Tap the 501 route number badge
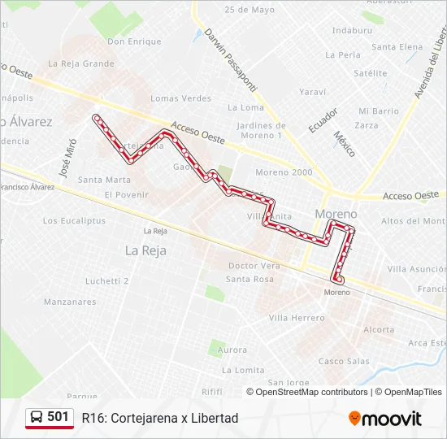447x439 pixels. pyautogui.click(x=50, y=418)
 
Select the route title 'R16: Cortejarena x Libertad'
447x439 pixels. pyautogui.click(x=159, y=418)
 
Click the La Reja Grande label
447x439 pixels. pyautogui.click(x=81, y=63)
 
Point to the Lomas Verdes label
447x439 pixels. pyautogui.click(x=180, y=98)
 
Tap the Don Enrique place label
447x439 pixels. pyautogui.click(x=134, y=41)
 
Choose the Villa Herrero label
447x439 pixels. pyautogui.click(x=297, y=318)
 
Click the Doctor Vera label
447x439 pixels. pyautogui.click(x=254, y=266)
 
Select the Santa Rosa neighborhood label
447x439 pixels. pyautogui.click(x=250, y=279)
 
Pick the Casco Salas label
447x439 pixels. pyautogui.click(x=343, y=361)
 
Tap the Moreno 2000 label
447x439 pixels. pyautogui.click(x=284, y=172)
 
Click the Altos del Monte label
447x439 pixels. pyautogui.click(x=414, y=221)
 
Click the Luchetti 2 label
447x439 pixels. pyautogui.click(x=107, y=281)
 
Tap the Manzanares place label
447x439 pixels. pyautogui.click(x=71, y=301)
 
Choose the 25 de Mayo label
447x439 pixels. pyautogui.click(x=250, y=10)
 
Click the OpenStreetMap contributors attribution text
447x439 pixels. pyautogui.click(x=311, y=392)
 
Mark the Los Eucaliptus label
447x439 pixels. pyautogui.click(x=73, y=220)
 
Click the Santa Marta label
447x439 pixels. pyautogui.click(x=104, y=180)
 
